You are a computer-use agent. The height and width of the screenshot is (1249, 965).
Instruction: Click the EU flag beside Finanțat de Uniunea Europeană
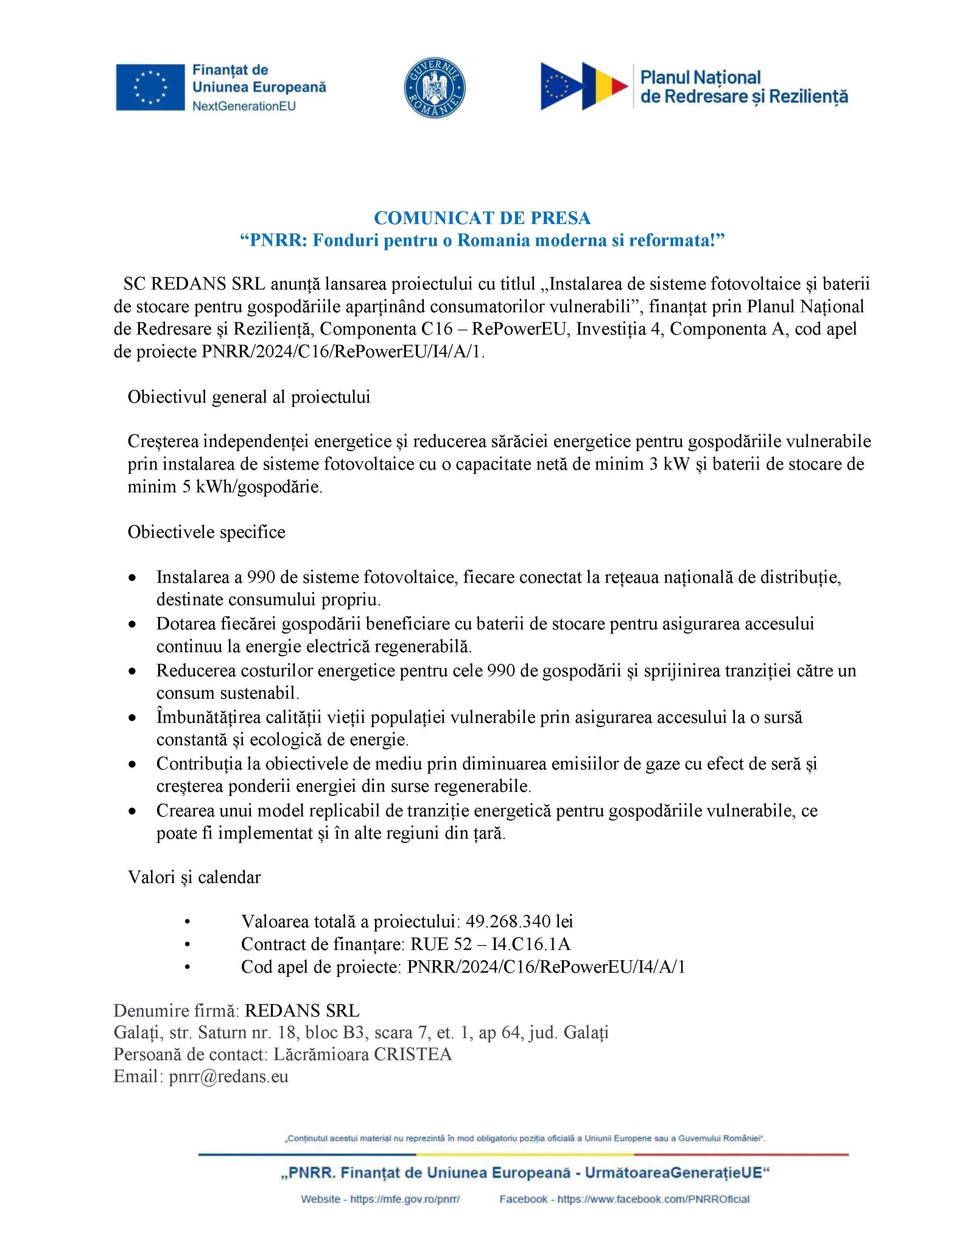pyautogui.click(x=150, y=87)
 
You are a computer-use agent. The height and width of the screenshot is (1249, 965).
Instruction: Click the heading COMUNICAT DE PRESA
pyautogui.click(x=482, y=218)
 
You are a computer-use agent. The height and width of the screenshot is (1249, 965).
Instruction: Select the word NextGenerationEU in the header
pyautogui.click(x=244, y=106)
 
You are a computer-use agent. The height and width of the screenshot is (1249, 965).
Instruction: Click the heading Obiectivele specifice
pyautogui.click(x=206, y=532)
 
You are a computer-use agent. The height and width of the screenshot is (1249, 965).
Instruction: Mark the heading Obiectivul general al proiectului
pyautogui.click(x=249, y=397)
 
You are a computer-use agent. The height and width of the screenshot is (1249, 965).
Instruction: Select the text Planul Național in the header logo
pyautogui.click(x=700, y=78)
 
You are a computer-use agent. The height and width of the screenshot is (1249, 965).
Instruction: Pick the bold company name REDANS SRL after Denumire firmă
pyautogui.click(x=302, y=1011)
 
